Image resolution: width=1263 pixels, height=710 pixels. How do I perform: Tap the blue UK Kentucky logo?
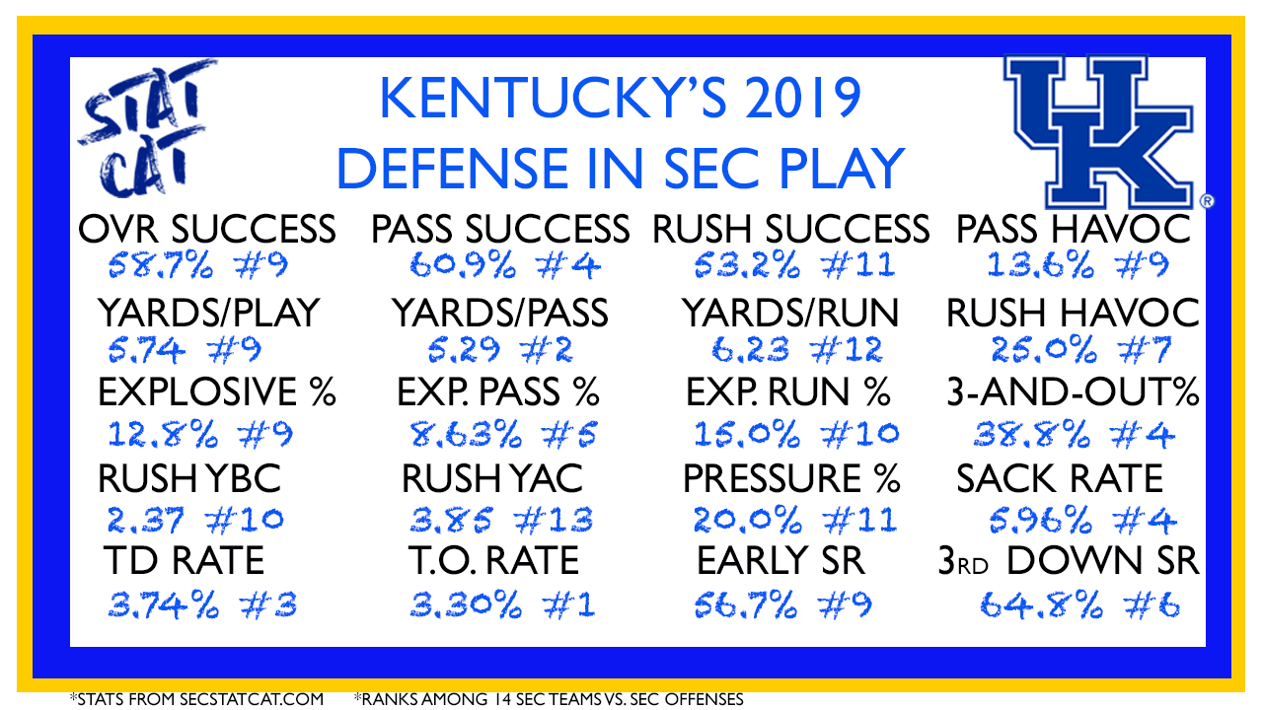coord(1106,132)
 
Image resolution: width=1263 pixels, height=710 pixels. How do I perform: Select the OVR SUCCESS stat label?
coord(207,230)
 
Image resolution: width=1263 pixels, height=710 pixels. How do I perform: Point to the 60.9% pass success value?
coord(463,265)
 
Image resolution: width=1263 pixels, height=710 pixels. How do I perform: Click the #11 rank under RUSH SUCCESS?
coord(857,265)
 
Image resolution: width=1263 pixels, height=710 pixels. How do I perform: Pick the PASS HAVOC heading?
coord(1073,230)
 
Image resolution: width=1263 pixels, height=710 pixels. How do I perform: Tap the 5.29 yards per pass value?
coord(464,350)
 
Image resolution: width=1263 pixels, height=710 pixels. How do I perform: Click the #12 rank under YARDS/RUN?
coord(846,350)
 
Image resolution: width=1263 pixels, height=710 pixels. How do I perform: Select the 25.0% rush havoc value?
coord(1044,350)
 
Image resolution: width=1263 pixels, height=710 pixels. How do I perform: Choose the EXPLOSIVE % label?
coord(217,392)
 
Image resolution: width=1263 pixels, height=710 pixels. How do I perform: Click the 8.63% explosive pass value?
coord(466,435)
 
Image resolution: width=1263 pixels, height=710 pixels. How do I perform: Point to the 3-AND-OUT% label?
coord(1073,392)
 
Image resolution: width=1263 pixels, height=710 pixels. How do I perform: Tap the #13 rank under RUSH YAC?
coord(554,519)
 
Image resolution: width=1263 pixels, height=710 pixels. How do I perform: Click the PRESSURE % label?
coord(791,478)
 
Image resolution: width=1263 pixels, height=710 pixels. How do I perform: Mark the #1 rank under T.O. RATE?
coord(568,605)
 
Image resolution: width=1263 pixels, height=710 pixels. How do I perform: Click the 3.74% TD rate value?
coord(163,605)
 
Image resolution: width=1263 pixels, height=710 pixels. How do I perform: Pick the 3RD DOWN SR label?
coord(1069,561)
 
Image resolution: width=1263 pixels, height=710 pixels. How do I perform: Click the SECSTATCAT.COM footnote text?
coord(252,699)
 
